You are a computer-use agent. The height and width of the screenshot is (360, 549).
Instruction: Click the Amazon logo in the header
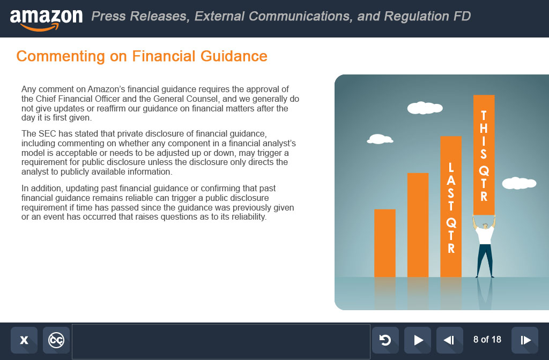(x=46, y=20)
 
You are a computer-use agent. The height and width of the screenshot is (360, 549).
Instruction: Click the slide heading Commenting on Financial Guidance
(x=142, y=56)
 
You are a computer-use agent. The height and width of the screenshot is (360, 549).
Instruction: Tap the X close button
(x=24, y=340)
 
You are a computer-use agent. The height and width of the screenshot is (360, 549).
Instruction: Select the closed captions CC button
(x=56, y=340)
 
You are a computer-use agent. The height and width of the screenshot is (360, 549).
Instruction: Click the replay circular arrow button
(x=385, y=340)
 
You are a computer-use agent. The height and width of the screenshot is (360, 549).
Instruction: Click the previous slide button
(x=450, y=340)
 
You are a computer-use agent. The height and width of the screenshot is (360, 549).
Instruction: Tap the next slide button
(x=525, y=340)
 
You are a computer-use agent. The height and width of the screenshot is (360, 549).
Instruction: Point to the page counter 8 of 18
(x=487, y=339)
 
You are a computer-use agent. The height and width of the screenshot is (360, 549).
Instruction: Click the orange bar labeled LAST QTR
(x=450, y=206)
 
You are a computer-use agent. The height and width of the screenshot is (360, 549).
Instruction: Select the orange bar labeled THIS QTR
(x=484, y=155)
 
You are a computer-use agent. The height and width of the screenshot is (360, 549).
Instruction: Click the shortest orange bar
(x=385, y=243)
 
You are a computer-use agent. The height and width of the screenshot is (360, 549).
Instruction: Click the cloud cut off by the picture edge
(x=519, y=183)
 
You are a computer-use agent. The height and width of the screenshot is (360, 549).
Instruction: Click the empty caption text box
(x=221, y=341)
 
